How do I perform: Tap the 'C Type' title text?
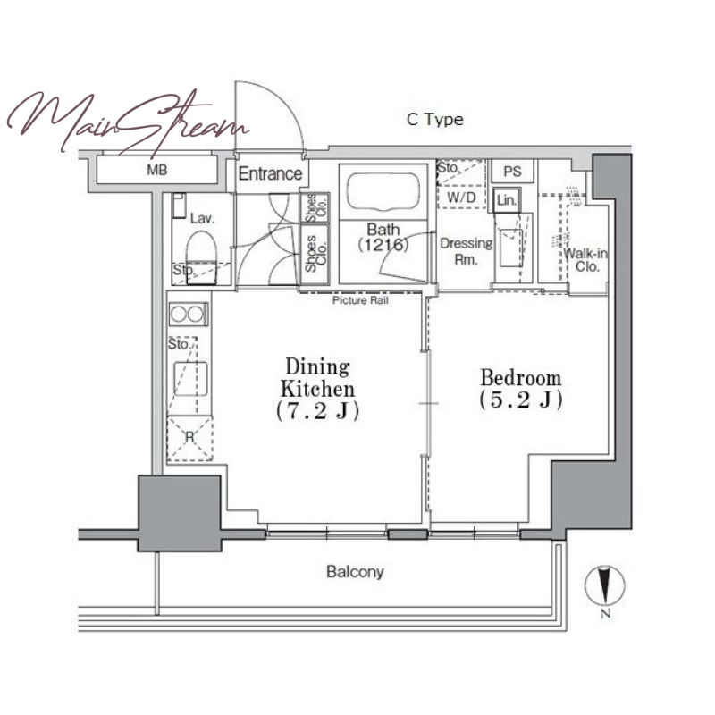(x=435, y=120)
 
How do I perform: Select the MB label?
(x=157, y=171)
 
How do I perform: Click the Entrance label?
(x=270, y=173)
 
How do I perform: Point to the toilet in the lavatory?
(x=200, y=252)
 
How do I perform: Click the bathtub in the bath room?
(x=383, y=191)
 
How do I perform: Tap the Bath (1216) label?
(x=383, y=237)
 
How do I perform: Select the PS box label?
(x=512, y=172)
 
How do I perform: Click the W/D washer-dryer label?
(x=461, y=198)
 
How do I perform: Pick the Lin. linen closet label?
(x=506, y=200)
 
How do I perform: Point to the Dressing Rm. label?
(x=466, y=251)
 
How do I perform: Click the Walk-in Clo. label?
(x=586, y=260)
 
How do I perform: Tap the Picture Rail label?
(x=360, y=300)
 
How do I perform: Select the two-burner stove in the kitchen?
(x=189, y=315)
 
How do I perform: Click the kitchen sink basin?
(x=190, y=379)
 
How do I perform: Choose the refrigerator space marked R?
(x=189, y=438)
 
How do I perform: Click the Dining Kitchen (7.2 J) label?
(x=318, y=389)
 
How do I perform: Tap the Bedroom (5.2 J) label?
(x=521, y=389)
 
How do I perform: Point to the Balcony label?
(x=355, y=572)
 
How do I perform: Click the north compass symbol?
(x=605, y=586)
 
